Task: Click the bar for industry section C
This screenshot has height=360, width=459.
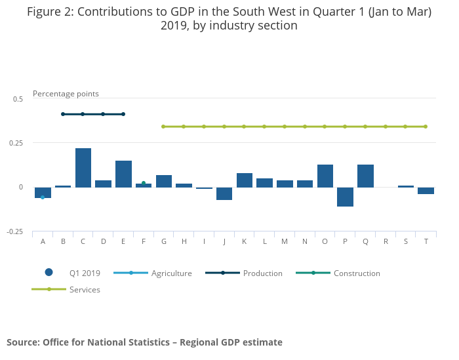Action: pos(83,168)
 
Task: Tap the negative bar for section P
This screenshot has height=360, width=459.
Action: pos(345,197)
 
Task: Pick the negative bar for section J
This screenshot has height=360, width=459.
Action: pos(224,193)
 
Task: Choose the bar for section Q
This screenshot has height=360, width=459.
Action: pos(365,176)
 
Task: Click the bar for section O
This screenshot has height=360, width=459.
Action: pos(325,176)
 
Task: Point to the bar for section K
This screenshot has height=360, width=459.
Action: pos(245,180)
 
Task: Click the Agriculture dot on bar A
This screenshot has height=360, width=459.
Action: pos(43,197)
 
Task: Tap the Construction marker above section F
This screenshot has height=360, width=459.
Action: pos(144,183)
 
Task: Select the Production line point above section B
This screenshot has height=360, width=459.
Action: pos(63,114)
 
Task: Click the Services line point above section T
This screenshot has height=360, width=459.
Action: pos(426,127)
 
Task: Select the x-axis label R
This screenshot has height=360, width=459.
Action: pos(386,241)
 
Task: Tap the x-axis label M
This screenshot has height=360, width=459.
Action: pos(285,241)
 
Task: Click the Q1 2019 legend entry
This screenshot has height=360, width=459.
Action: pos(72,273)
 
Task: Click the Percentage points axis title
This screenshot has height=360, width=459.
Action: pos(66,94)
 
